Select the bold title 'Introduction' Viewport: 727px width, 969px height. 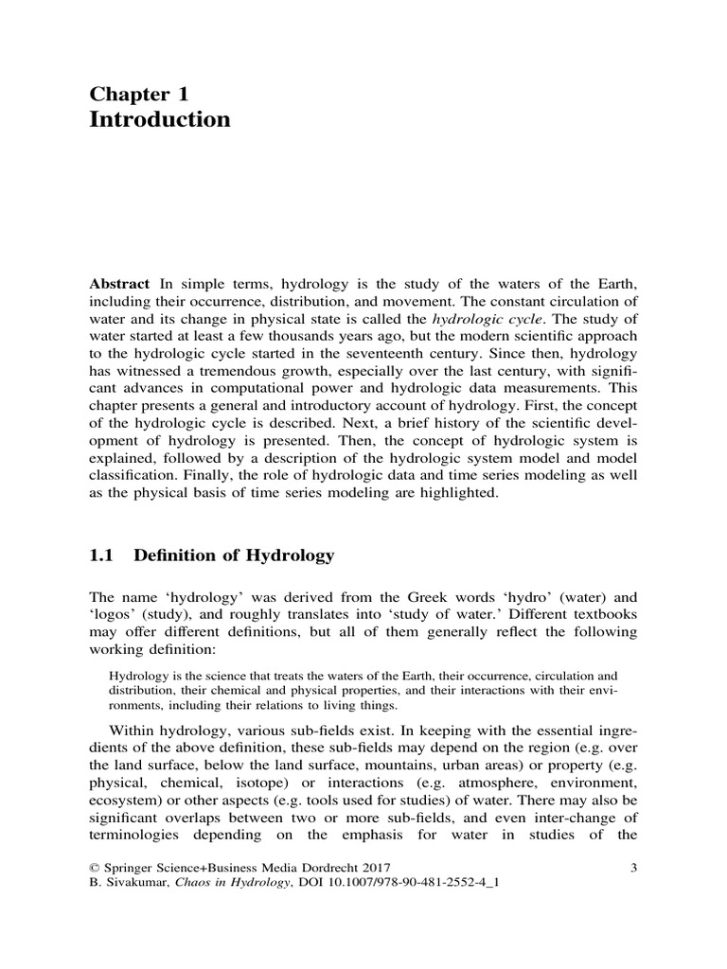point(159,120)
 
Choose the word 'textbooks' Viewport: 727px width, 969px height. point(601,618)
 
